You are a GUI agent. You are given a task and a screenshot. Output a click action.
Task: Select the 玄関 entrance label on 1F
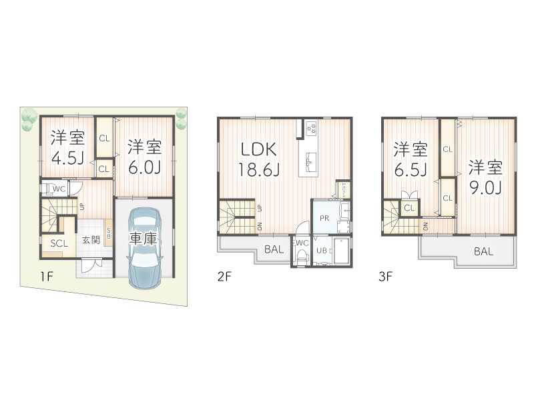click(x=91, y=241)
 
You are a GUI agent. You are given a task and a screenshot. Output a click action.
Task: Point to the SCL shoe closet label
click(x=59, y=243)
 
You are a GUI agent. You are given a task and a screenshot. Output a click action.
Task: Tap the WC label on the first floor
click(x=58, y=189)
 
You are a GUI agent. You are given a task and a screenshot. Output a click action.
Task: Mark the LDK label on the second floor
click(x=258, y=149)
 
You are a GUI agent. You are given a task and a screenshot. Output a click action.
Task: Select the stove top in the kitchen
click(x=312, y=129)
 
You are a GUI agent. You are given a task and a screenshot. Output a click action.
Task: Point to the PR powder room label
click(x=323, y=218)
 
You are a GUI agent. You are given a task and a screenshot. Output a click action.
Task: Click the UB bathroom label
click(x=321, y=251)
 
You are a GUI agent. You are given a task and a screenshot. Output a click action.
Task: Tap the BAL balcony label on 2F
click(x=274, y=251)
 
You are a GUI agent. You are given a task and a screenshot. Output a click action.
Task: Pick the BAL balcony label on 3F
click(x=484, y=251)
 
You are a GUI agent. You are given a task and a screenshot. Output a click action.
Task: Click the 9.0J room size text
click(x=485, y=187)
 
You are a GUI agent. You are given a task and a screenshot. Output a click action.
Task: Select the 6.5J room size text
click(x=410, y=169)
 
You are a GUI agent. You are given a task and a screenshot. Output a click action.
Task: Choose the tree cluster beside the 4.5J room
click(x=28, y=120)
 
